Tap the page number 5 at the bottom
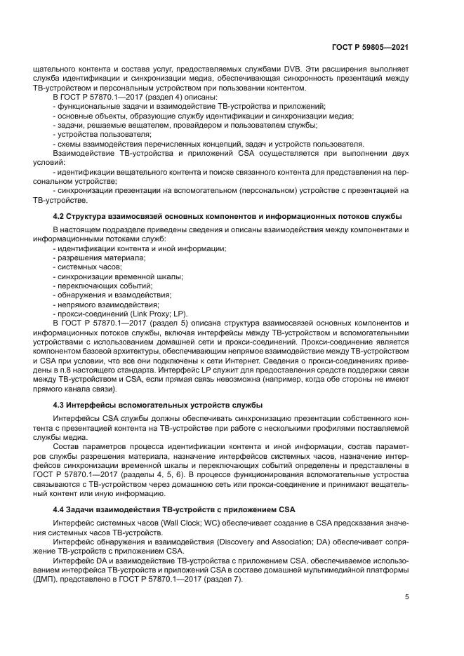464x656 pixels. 406,596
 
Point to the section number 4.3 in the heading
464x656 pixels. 61,405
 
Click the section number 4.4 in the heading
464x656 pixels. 61,508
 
